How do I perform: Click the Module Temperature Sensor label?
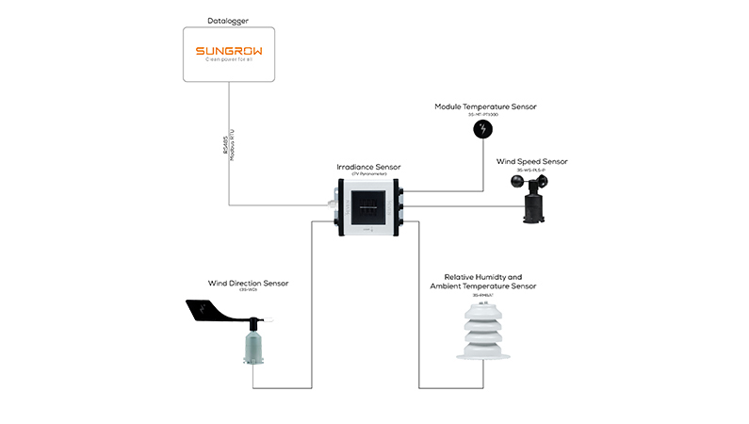[484, 106]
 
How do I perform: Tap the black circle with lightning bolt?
[483, 128]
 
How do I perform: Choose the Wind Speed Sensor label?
[532, 161]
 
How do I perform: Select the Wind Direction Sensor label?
[248, 283]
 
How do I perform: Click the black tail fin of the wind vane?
[208, 308]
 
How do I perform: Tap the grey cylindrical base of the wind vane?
[253, 348]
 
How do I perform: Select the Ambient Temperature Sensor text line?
[482, 286]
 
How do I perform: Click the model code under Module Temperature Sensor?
[484, 115]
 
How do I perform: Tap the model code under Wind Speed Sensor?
[532, 171]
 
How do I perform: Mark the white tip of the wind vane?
[268, 321]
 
